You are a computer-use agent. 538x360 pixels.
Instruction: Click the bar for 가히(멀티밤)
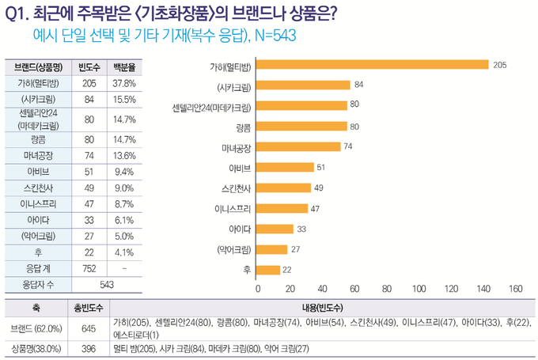click(372, 65)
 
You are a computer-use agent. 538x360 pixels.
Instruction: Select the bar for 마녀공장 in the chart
click(298, 146)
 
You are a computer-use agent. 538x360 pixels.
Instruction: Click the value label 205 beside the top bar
click(498, 65)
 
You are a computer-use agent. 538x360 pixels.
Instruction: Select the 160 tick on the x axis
click(516, 289)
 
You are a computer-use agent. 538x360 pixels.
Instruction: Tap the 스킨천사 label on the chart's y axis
click(236, 188)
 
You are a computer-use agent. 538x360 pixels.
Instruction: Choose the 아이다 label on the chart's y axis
click(239, 229)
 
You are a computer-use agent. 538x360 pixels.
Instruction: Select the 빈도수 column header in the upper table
click(89, 66)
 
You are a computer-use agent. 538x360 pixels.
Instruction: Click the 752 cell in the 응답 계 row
click(89, 268)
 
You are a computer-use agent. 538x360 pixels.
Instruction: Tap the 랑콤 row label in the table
click(36, 138)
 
